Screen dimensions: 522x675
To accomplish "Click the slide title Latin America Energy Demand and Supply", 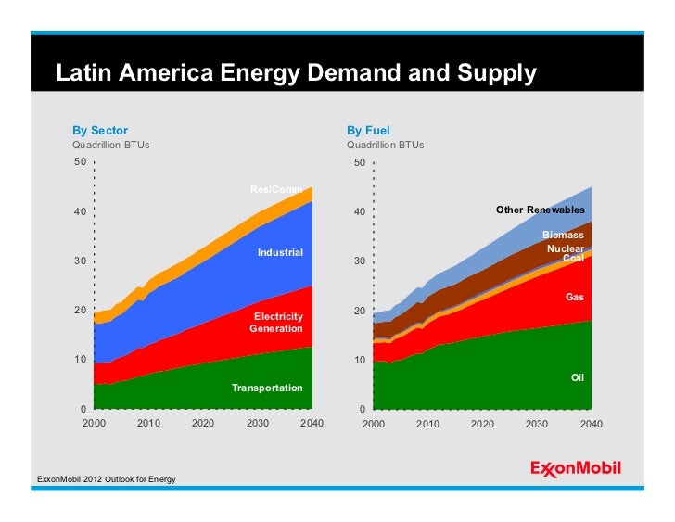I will click(297, 72).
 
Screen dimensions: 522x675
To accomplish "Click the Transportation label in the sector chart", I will click(267, 388).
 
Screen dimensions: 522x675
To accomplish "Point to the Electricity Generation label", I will click(276, 323).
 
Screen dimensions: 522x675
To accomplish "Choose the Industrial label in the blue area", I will click(280, 252).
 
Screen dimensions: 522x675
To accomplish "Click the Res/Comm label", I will click(276, 190).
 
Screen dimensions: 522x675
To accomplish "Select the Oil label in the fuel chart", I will click(577, 378).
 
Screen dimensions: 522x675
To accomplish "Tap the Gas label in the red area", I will click(574, 298).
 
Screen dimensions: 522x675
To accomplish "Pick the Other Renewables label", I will click(541, 210).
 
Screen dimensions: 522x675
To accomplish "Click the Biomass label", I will click(563, 236).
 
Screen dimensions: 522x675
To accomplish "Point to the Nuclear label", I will click(565, 248).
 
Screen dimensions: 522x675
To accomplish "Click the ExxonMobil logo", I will click(575, 468).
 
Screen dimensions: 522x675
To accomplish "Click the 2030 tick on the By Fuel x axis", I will click(537, 424).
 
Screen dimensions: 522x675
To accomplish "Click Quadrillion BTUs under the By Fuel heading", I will click(385, 146).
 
